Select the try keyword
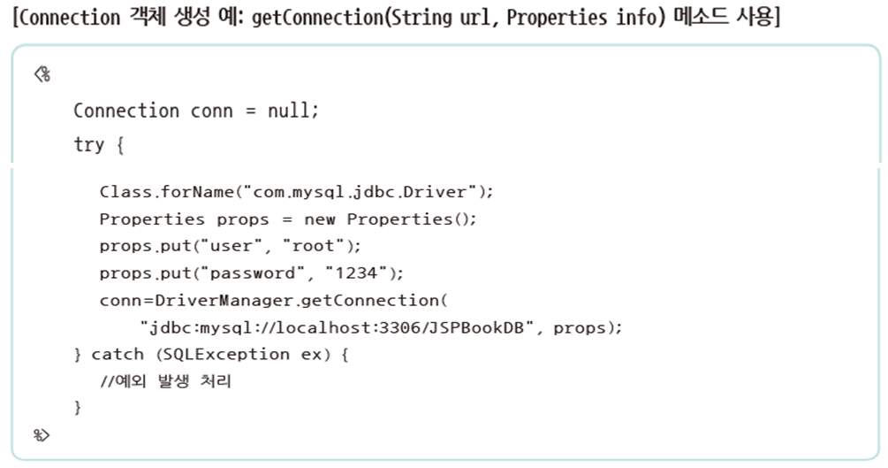tap(88, 144)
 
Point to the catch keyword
tap(117, 354)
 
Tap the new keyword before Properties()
tap(320, 219)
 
